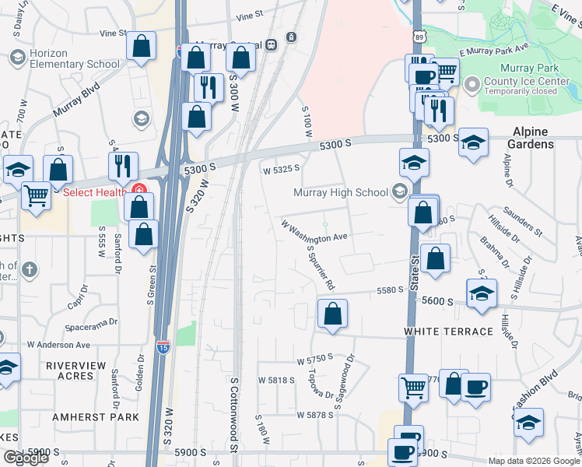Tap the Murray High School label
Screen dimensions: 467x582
[x=340, y=192]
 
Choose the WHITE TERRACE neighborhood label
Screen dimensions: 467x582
[x=448, y=332]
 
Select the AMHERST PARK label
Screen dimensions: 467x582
[x=96, y=417]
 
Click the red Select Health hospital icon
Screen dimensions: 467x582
[x=139, y=189]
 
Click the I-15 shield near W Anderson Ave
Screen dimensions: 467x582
[x=163, y=343]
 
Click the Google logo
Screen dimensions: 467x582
[x=26, y=458]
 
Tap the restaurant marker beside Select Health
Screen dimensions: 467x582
[x=123, y=166]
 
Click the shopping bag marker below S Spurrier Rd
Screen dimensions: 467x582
[x=332, y=314]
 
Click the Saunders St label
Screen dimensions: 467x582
[x=522, y=220]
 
